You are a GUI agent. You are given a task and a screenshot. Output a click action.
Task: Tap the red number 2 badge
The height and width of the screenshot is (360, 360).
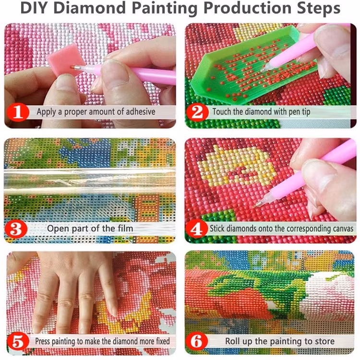[197, 112]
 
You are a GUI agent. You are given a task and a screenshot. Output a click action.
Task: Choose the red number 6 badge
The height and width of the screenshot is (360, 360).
[197, 341]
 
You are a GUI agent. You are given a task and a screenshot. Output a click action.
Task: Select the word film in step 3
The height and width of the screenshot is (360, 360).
[123, 228]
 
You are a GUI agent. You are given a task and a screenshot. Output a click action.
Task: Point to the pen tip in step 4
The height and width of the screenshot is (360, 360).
[260, 204]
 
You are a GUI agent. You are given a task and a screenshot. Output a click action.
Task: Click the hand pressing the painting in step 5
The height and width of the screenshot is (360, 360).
[72, 288]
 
